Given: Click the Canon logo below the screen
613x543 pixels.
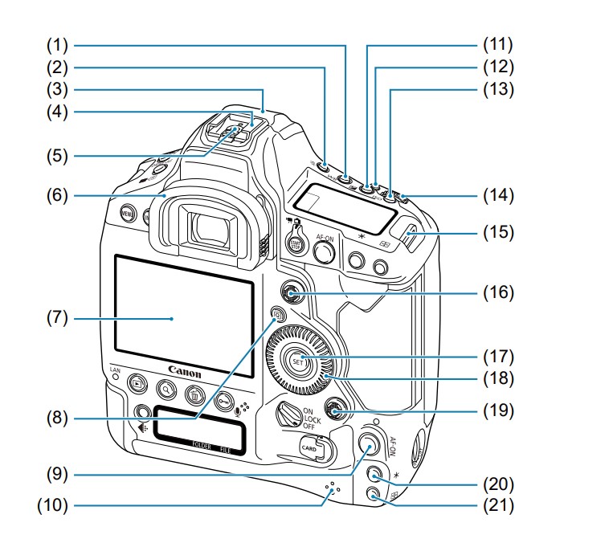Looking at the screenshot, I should (184, 374).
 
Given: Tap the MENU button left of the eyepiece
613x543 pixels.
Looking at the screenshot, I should (127, 214).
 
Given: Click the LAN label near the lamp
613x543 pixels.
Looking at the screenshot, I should (115, 370).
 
